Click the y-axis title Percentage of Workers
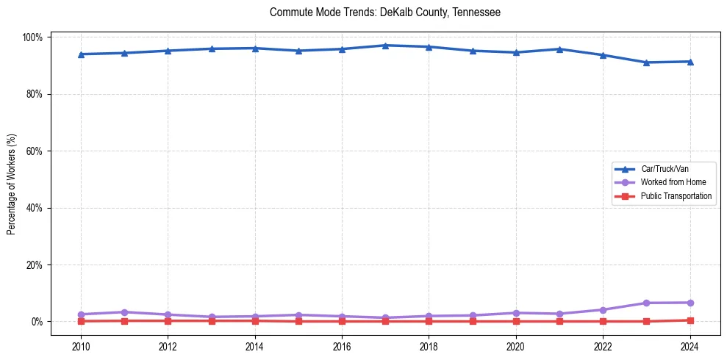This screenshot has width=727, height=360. pos(12,179)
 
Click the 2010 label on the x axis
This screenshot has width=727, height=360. pos(81,347)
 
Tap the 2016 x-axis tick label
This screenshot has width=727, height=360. pos(342,347)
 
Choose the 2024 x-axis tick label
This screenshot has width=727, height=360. pos(690,347)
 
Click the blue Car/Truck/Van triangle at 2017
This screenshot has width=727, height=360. pos(385,46)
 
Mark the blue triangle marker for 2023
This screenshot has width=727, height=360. pos(646,62)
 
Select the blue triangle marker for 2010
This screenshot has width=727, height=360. pos(81,54)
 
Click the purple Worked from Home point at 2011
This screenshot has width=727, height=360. pos(124,312)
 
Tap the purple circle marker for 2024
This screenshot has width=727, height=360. pos(690,303)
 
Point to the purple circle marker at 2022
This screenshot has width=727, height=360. pos(603,310)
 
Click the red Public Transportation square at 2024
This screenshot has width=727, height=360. pos(690,320)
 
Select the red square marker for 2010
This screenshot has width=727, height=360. pos(81,321)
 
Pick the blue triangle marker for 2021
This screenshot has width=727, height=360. pos(559,49)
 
